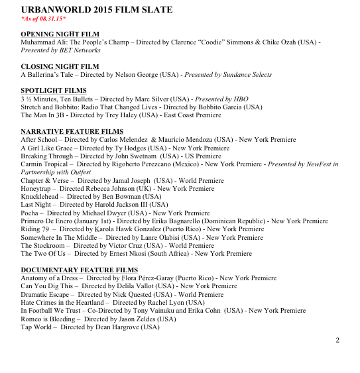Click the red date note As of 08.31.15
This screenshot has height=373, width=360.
[x=45, y=19]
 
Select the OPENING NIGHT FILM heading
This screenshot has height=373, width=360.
[x=59, y=33]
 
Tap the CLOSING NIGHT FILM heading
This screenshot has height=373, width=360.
[x=60, y=66]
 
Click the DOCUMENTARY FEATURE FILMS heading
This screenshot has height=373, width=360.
[x=80, y=270]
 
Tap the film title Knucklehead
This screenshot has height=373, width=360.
[x=41, y=197]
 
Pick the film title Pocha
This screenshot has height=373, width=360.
[x=30, y=213]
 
